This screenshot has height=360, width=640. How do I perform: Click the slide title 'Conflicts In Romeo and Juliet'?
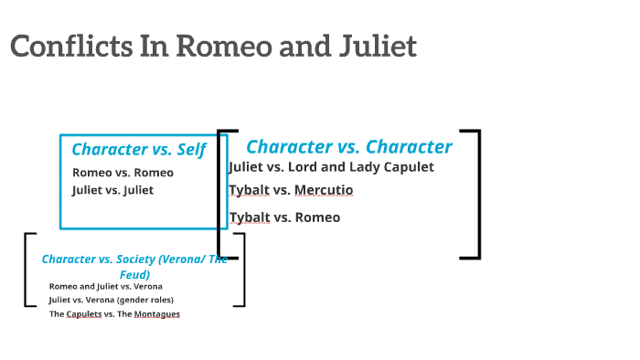click(x=213, y=46)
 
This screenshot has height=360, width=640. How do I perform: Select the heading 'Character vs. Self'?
click(x=138, y=150)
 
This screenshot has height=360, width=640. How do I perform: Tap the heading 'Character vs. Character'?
click(x=349, y=146)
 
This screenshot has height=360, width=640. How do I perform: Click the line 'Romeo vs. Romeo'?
click(x=123, y=172)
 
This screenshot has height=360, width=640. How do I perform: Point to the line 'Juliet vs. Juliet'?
click(x=112, y=190)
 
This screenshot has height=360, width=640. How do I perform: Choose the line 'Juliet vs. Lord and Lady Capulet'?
click(x=331, y=167)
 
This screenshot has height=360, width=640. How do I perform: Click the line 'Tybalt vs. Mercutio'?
click(x=291, y=190)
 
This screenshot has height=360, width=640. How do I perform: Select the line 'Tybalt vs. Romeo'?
click(x=284, y=217)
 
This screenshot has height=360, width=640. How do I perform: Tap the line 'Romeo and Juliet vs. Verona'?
click(x=106, y=286)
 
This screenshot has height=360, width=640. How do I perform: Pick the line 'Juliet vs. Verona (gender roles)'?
click(x=112, y=300)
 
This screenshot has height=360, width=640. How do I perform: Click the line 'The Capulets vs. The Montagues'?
click(x=114, y=314)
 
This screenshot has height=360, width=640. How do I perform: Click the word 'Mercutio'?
click(x=324, y=190)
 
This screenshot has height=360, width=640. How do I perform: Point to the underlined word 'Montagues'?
click(x=157, y=314)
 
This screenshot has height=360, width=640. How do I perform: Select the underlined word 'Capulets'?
click(x=84, y=314)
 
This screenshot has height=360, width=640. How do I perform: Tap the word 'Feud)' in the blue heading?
click(x=134, y=274)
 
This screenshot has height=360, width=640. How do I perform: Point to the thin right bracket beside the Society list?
click(x=241, y=270)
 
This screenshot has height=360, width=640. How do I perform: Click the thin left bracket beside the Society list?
click(x=27, y=270)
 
